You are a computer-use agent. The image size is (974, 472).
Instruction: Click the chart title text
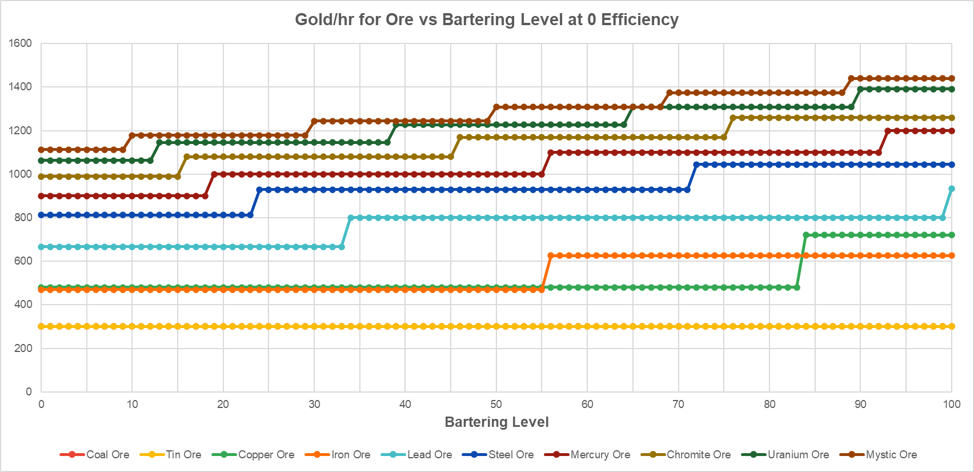[487, 19]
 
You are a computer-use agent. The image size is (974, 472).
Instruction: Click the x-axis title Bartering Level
[496, 422]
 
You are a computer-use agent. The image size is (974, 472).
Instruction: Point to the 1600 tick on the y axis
[21, 43]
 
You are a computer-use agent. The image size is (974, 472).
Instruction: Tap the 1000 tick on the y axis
[21, 174]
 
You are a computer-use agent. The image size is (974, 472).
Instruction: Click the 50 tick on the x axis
[496, 405]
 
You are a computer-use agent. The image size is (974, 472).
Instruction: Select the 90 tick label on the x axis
[860, 405]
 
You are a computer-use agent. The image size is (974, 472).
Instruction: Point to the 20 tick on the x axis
[223, 405]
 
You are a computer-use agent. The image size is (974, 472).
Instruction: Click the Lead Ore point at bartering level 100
[952, 189]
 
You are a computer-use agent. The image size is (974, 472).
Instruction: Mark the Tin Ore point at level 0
[41, 326]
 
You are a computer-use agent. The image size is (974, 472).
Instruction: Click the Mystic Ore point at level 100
[952, 78]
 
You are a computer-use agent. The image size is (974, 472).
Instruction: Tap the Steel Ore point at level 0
[41, 215]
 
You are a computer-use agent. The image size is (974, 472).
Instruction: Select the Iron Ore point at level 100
[952, 255]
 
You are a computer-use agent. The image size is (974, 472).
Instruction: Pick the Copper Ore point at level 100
[952, 235]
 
